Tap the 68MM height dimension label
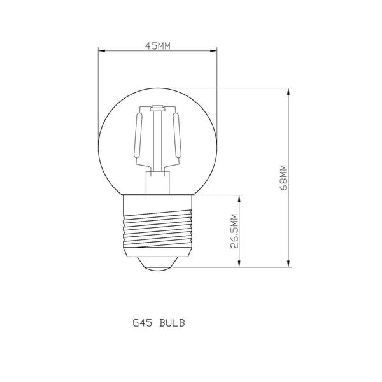[283, 178]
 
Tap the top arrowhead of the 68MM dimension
[290, 93]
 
